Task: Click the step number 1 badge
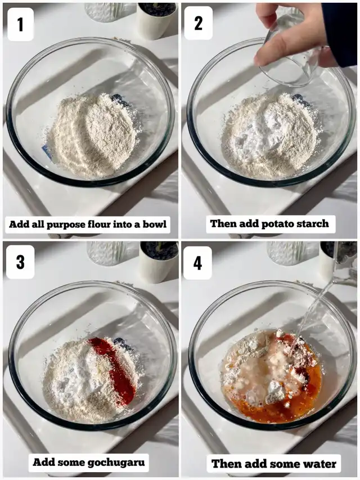(20, 24)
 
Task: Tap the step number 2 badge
(199, 23)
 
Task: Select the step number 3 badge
(20, 262)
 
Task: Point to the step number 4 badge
(198, 263)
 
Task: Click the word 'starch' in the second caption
(312, 223)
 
